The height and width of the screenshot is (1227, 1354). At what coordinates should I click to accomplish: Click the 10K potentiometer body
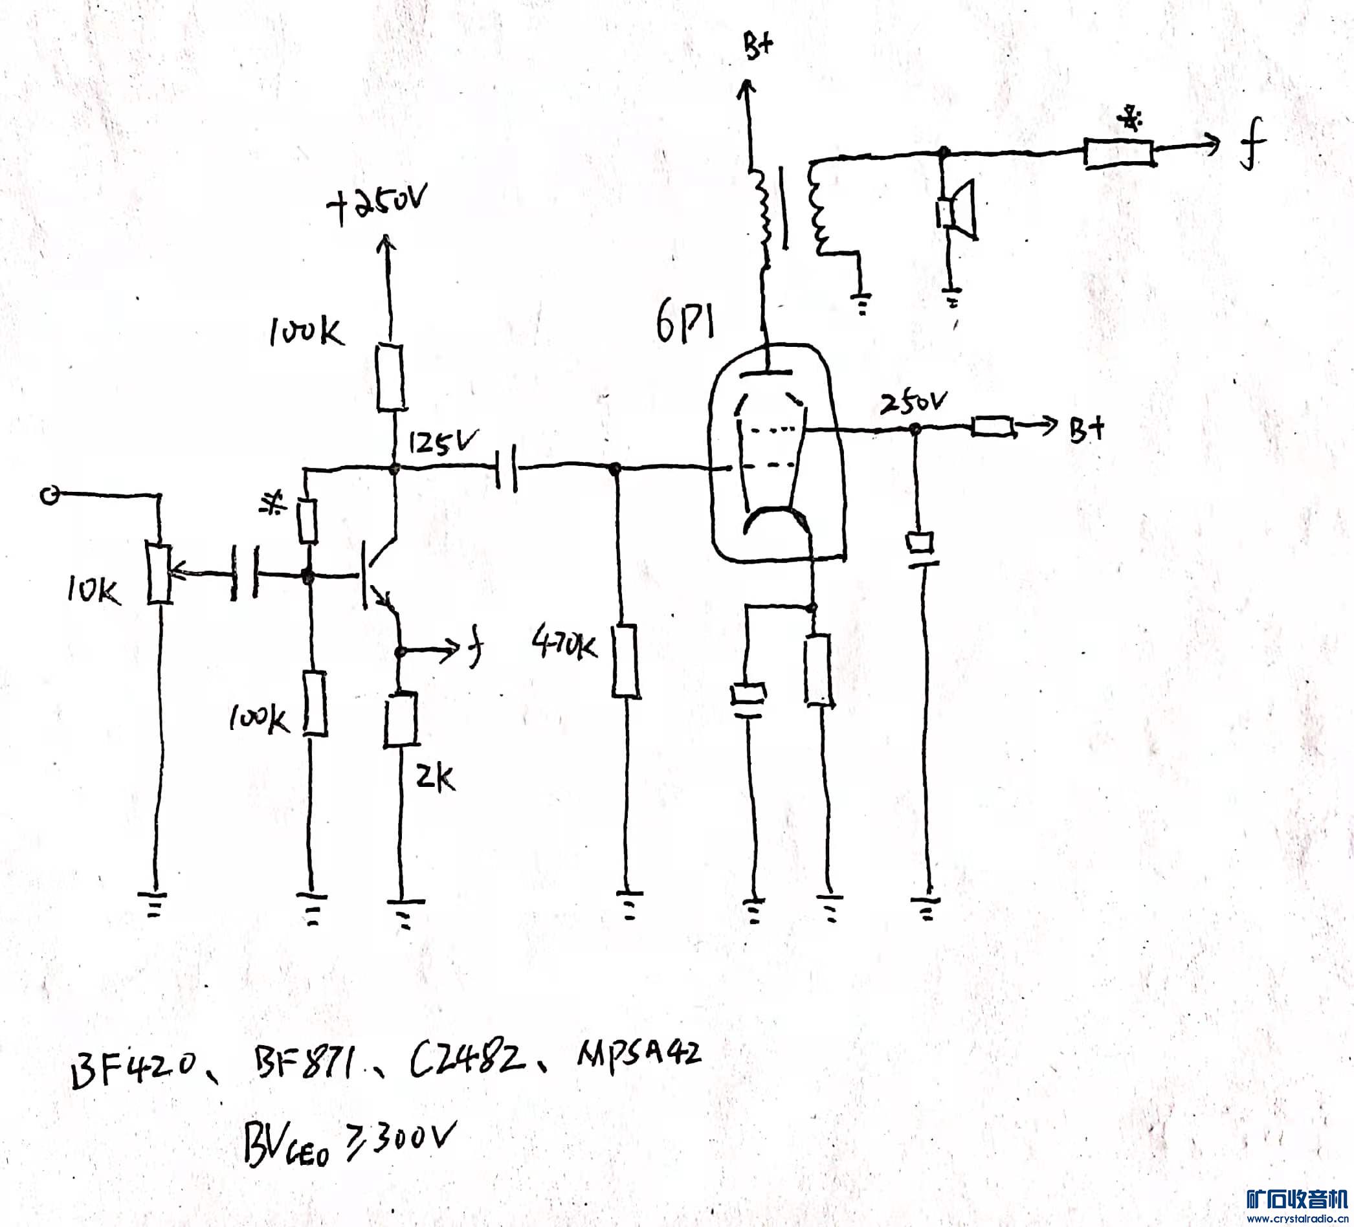point(159,573)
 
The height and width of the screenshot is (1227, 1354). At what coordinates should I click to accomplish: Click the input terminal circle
point(49,496)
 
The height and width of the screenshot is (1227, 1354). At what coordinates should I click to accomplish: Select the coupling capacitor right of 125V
point(506,468)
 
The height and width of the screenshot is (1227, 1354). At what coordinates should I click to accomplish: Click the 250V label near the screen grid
point(913,404)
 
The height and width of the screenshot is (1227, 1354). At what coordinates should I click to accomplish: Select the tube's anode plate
point(767,371)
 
